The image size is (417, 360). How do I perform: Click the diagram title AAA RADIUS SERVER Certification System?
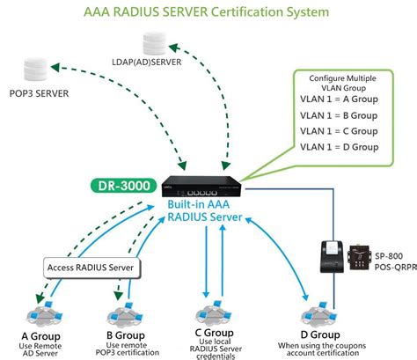208,12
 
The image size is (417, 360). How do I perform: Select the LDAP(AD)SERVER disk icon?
154,40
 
